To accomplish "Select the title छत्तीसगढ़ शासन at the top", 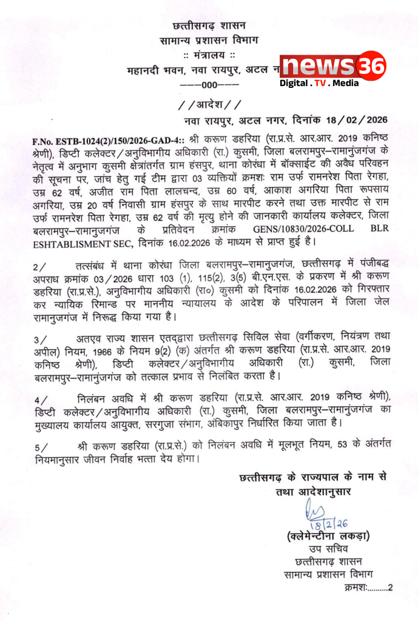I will pos(209,26).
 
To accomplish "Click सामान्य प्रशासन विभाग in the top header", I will pos(209,41).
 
